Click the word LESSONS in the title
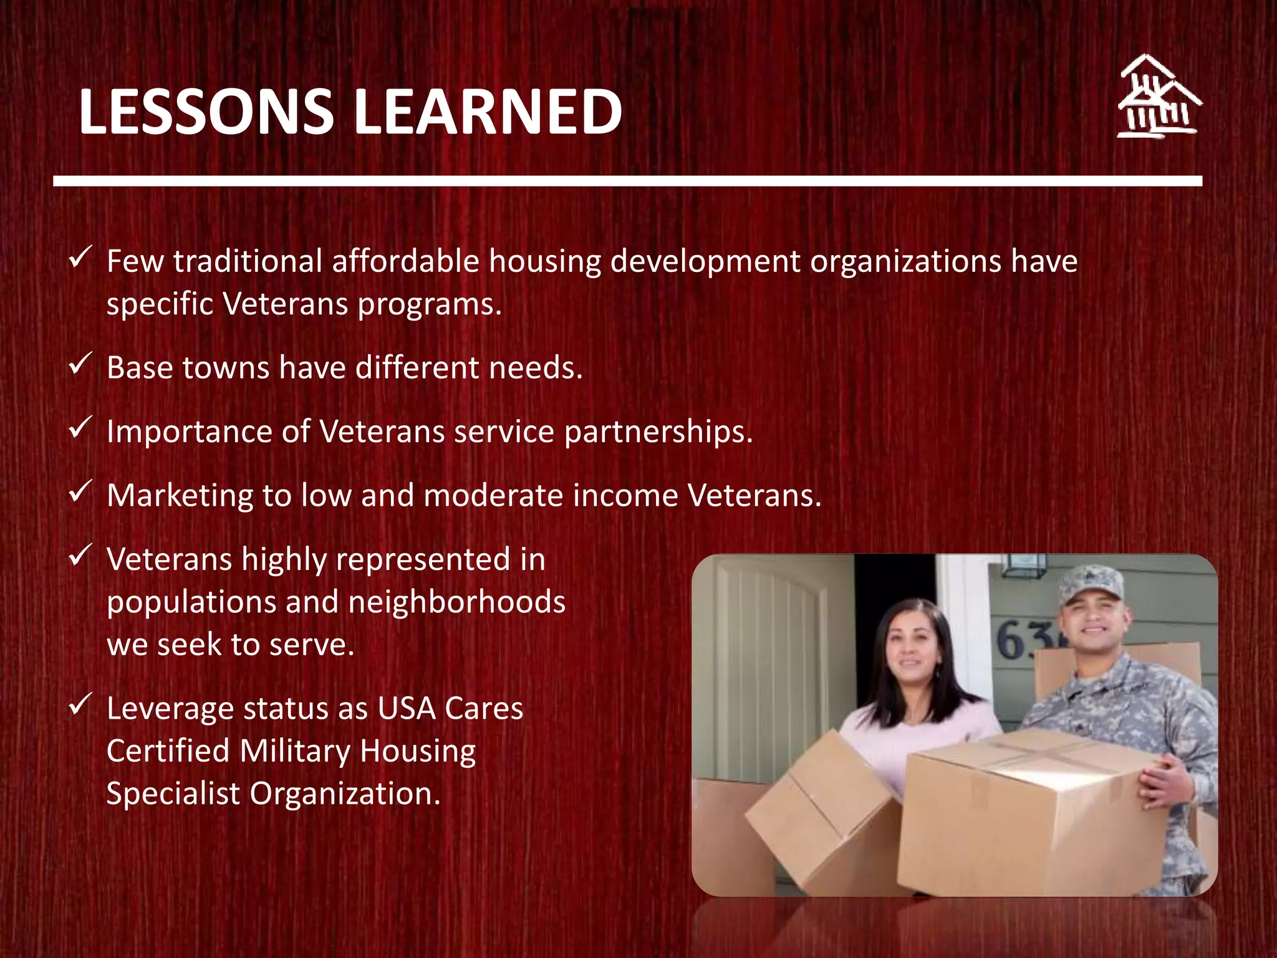(x=206, y=112)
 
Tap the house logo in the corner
(x=1159, y=97)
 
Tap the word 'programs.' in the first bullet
(x=430, y=305)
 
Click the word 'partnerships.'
(x=658, y=432)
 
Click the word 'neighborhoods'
(x=456, y=602)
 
